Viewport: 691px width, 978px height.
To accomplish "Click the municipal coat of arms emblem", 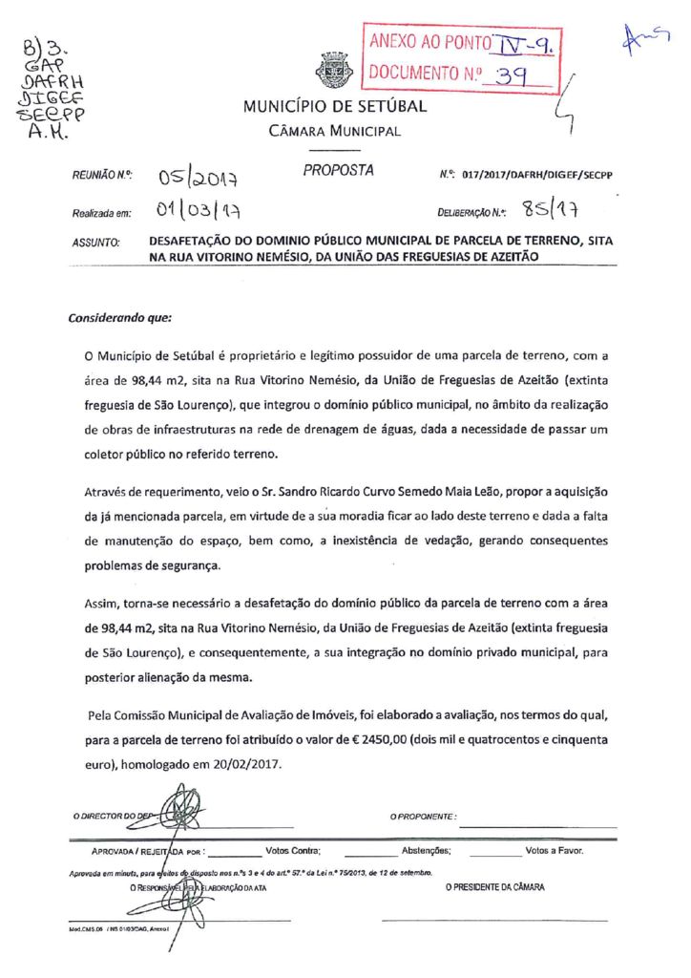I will point(335,72).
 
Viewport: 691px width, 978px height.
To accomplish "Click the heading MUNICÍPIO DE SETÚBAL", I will point(335,106).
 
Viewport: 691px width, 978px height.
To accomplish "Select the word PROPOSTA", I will point(339,171).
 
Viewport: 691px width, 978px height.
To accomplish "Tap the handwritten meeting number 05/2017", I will point(198,177).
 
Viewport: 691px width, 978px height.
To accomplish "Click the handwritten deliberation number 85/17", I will point(553,207).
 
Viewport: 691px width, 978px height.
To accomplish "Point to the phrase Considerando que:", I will point(119,316).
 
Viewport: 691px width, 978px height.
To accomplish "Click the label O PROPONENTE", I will point(423,817).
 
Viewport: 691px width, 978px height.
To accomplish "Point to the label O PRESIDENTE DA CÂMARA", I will point(494,887).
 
